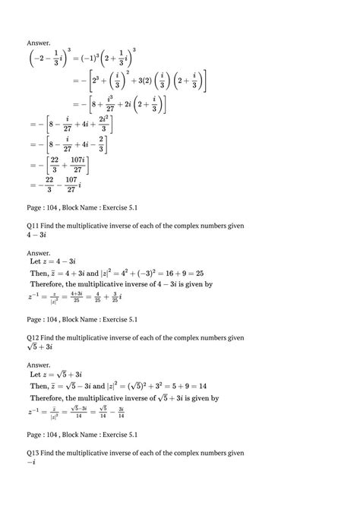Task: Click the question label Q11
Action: click(x=34, y=226)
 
